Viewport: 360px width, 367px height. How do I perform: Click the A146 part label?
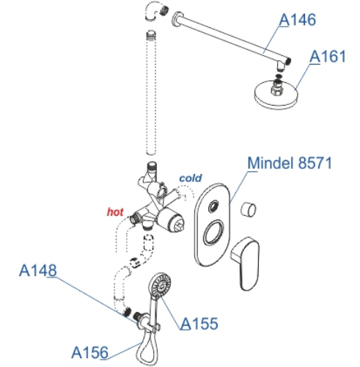point(297,20)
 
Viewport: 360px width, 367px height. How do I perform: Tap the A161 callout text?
point(328,57)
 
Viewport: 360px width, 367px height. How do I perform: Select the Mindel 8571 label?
point(290,163)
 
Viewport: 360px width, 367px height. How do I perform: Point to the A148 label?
point(38,270)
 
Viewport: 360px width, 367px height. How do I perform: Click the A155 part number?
point(199,324)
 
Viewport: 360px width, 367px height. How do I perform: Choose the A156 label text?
point(89,352)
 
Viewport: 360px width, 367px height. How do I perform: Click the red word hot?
point(115,212)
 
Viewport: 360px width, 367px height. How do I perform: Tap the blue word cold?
point(191,178)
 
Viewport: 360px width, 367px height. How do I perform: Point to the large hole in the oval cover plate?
point(213,233)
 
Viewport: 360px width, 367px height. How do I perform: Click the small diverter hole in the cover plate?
point(213,206)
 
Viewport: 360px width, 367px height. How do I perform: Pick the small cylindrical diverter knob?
point(248,210)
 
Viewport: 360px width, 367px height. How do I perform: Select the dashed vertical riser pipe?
point(151,93)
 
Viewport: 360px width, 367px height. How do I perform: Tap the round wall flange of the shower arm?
point(177,19)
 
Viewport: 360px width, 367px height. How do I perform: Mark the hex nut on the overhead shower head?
point(277,89)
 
